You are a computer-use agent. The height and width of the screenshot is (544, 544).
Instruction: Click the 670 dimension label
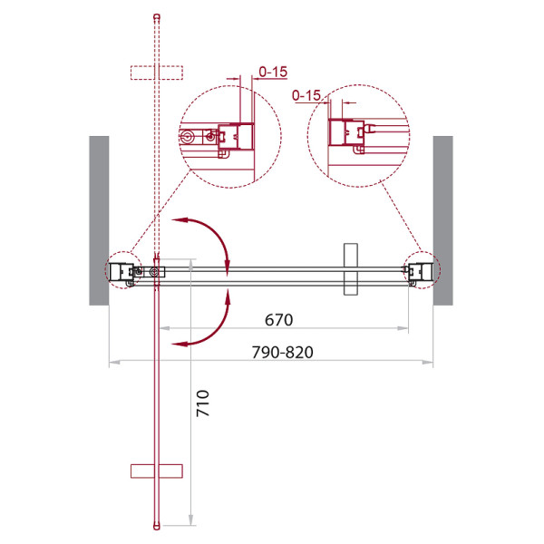[278, 319]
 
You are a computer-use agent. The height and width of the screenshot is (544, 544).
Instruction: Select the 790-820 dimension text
[282, 352]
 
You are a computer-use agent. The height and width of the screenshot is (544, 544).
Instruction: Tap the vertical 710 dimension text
[202, 403]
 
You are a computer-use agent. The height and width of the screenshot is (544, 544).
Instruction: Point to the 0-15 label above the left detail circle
[273, 72]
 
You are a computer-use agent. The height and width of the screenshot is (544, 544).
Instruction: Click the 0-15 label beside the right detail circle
[306, 95]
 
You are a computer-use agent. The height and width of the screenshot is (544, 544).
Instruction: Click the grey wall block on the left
[99, 220]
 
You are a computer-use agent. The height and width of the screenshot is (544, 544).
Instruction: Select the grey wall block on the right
[443, 220]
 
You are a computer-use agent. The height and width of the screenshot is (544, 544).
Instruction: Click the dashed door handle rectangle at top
[157, 73]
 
